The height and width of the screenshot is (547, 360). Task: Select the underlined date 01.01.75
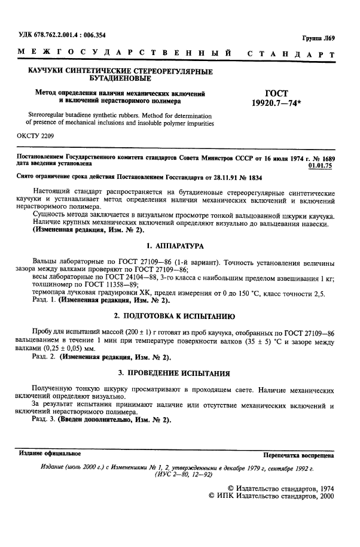pos(321,162)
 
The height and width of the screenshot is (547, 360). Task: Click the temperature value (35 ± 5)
pos(260,339)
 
